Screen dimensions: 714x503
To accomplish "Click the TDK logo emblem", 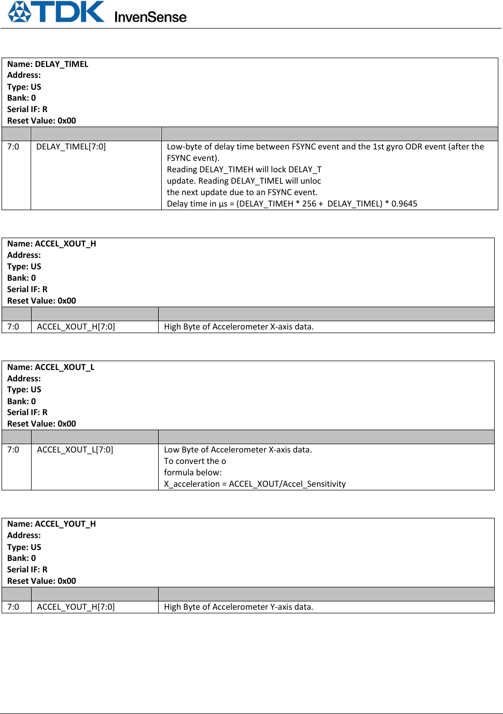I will pyautogui.click(x=20, y=11).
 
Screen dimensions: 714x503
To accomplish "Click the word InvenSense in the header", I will pyautogui.click(x=150, y=17).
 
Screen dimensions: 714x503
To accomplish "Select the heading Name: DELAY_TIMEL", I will pyautogui.click(x=48, y=64).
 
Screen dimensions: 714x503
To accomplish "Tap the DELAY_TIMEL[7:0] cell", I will pyautogui.click(x=71, y=147).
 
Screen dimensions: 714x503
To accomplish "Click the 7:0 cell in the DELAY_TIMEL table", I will pyautogui.click(x=13, y=147).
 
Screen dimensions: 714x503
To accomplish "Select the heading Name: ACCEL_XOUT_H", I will pyautogui.click(x=51, y=243).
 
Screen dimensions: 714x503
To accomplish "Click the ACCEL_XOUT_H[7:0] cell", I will pyautogui.click(x=76, y=327).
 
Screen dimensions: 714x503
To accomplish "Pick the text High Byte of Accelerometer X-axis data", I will pyautogui.click(x=239, y=327).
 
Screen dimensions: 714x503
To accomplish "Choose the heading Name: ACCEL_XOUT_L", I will pyautogui.click(x=51, y=367).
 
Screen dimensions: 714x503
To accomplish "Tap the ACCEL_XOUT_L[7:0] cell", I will pyautogui.click(x=75, y=450).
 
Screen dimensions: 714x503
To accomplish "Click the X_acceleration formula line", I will pyautogui.click(x=255, y=484).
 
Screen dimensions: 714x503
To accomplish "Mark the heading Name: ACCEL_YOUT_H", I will pyautogui.click(x=51, y=524).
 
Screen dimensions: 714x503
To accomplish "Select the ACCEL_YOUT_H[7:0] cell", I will pyautogui.click(x=76, y=607).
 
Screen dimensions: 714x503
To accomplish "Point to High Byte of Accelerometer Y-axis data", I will pyautogui.click(x=239, y=607).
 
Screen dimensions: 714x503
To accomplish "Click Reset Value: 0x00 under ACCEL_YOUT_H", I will pyautogui.click(x=41, y=581).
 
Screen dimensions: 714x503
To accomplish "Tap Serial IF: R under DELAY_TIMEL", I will pyautogui.click(x=27, y=109).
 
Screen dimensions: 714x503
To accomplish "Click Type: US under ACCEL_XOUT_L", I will pyautogui.click(x=24, y=389).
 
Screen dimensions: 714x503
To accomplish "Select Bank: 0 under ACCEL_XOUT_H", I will pyautogui.click(x=21, y=278).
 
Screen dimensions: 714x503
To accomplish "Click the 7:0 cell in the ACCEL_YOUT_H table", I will pyautogui.click(x=13, y=607).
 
